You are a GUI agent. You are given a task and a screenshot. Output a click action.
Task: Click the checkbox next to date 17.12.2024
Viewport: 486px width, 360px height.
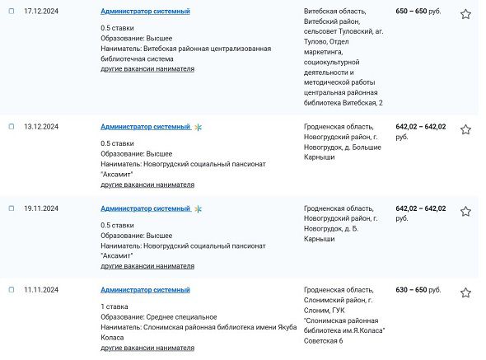point(12,12)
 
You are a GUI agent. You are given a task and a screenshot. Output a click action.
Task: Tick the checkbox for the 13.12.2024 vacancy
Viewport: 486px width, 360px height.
point(12,127)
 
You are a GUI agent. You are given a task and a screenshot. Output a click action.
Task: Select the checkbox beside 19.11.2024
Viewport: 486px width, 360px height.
point(12,208)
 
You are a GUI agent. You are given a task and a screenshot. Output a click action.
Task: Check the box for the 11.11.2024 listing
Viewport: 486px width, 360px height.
point(12,290)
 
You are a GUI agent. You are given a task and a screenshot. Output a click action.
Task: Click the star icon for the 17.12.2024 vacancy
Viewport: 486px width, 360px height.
point(465,14)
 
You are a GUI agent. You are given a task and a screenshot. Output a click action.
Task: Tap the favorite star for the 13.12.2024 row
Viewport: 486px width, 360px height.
point(465,129)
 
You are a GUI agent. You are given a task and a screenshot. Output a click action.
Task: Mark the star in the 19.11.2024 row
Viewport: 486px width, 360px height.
point(465,211)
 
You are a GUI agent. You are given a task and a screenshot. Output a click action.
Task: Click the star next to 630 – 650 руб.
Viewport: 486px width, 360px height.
point(465,292)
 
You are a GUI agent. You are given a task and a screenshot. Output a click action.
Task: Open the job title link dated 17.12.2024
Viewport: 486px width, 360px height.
point(145,12)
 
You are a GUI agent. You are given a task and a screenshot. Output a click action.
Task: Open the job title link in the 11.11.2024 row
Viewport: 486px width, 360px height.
point(145,290)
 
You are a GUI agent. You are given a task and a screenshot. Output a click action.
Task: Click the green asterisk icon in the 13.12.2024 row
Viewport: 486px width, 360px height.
point(198,128)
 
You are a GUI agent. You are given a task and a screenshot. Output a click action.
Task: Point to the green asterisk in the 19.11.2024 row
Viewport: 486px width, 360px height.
point(198,209)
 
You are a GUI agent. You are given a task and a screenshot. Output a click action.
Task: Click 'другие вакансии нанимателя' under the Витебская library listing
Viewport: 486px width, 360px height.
point(147,69)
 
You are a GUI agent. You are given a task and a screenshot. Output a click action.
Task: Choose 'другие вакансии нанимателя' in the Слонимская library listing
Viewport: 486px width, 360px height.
point(147,348)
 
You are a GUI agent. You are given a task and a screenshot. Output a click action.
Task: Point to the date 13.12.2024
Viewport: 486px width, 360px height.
point(40,127)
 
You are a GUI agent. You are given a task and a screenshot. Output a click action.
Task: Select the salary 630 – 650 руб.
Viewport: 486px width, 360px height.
point(418,290)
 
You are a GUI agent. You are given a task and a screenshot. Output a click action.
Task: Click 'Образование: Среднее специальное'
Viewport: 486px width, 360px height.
point(159,316)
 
